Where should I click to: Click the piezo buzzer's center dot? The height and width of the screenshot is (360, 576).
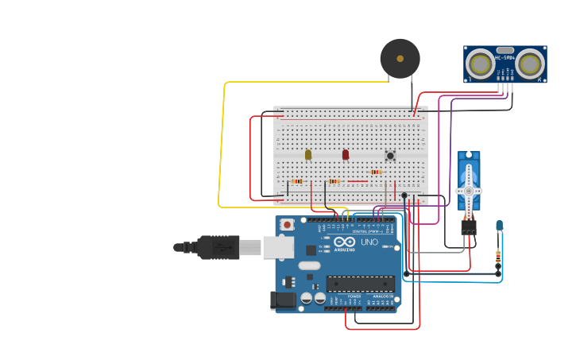coord(400,58)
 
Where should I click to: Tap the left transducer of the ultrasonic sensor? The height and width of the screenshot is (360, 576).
coord(480,64)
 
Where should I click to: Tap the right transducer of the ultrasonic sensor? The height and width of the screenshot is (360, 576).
coord(530,64)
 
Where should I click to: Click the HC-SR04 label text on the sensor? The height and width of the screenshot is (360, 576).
coord(504,57)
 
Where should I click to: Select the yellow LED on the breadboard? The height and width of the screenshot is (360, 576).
coord(308,154)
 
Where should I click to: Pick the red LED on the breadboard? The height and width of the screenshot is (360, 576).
coord(346,154)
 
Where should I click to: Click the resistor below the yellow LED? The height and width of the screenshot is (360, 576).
coord(297,181)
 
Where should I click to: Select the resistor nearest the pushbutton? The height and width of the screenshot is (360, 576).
coord(376,172)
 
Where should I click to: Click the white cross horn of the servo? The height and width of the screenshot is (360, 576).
coord(469,191)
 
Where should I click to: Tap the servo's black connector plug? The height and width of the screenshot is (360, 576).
coord(469,226)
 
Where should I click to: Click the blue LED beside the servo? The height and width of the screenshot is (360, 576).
coord(499,226)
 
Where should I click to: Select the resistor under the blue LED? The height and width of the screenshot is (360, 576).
coord(498,256)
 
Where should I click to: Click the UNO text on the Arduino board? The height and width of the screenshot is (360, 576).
coord(369,242)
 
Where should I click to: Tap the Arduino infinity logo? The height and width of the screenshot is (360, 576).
coord(345,241)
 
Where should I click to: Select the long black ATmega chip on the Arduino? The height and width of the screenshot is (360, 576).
coord(360,283)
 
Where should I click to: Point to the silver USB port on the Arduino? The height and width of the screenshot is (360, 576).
coord(278,247)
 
